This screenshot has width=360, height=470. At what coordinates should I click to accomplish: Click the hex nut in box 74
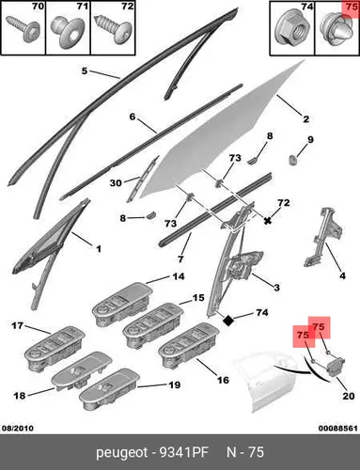point(289,30)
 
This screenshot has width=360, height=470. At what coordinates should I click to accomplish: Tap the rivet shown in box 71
point(67,32)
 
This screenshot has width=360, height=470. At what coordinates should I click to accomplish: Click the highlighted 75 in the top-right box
point(352,7)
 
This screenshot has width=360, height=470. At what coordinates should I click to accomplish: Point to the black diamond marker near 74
point(228,321)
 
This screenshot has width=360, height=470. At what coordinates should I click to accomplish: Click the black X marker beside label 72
point(267,221)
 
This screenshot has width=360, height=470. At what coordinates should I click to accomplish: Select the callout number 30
point(116,182)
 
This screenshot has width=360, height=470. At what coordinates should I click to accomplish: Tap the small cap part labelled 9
point(292,160)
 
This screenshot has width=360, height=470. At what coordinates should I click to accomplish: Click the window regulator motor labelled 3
point(243,265)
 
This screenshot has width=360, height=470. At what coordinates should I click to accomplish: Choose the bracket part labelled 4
point(322,237)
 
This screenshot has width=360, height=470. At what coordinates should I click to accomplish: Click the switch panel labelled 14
point(122,305)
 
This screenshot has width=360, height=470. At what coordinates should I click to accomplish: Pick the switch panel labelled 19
point(109,389)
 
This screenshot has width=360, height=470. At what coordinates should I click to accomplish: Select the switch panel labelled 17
point(55,349)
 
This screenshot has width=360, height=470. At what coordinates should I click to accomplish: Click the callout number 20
point(349,396)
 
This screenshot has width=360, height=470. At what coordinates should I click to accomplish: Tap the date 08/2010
point(18,428)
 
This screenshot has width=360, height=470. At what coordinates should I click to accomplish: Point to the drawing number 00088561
point(338,428)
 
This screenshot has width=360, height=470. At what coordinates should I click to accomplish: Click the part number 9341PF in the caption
point(184,452)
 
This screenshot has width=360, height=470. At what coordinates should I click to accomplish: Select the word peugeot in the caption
point(121,453)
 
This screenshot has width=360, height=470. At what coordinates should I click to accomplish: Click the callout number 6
point(133,117)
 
